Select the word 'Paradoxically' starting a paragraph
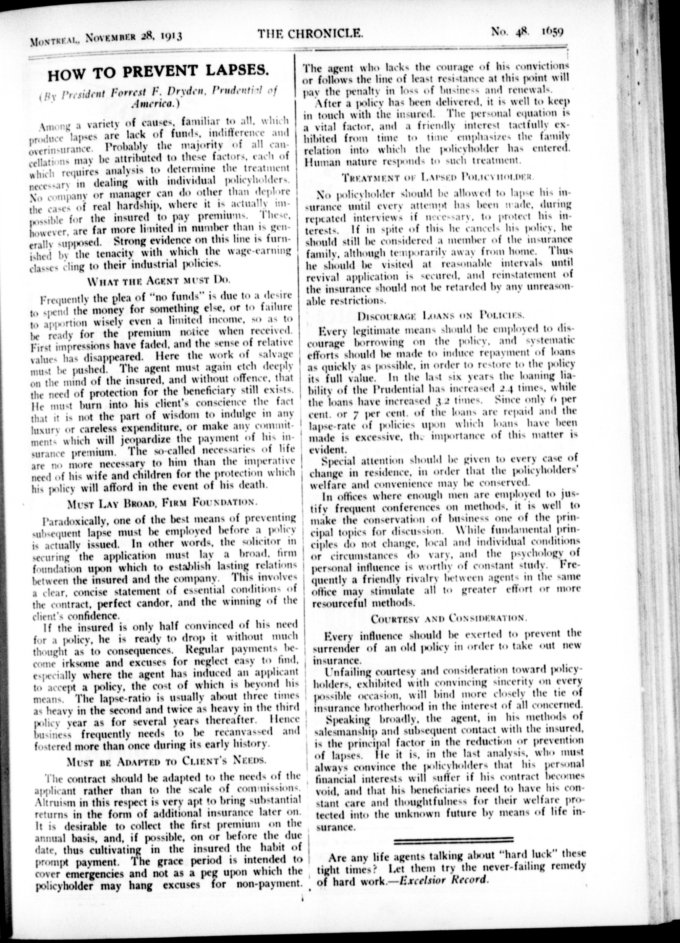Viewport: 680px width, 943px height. [x=69, y=520]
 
